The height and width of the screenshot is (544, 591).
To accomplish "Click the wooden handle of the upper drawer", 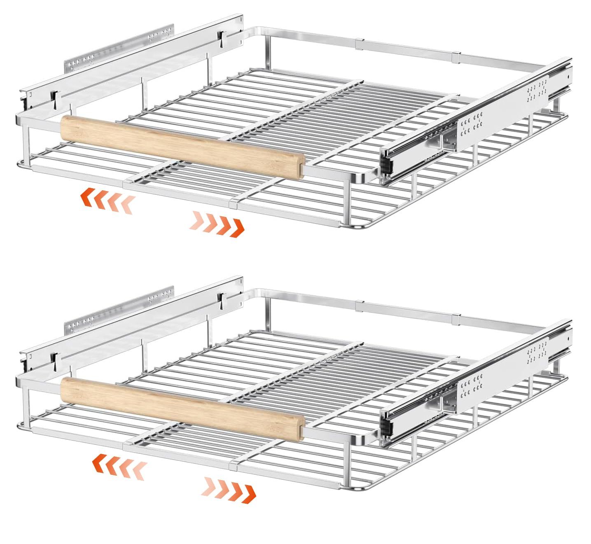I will click(181, 146).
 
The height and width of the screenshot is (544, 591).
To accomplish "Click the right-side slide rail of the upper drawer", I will click(474, 124).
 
